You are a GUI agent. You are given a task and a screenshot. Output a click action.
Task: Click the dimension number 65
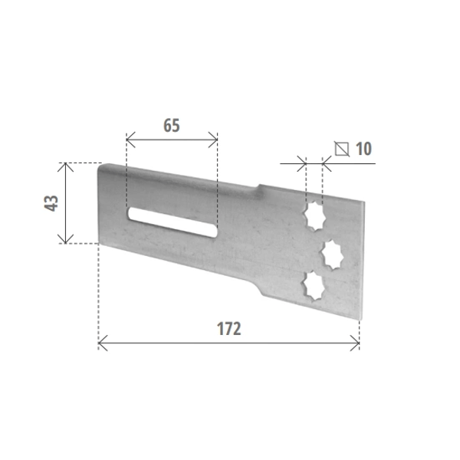(172, 125)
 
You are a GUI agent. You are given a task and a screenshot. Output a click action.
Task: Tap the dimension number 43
(51, 203)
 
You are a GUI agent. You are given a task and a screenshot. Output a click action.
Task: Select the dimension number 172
(228, 329)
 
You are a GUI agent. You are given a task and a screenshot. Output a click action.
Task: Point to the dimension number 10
(363, 149)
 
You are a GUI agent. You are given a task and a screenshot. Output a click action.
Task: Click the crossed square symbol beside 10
(342, 149)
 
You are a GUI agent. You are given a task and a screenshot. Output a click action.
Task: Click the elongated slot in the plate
(172, 222)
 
